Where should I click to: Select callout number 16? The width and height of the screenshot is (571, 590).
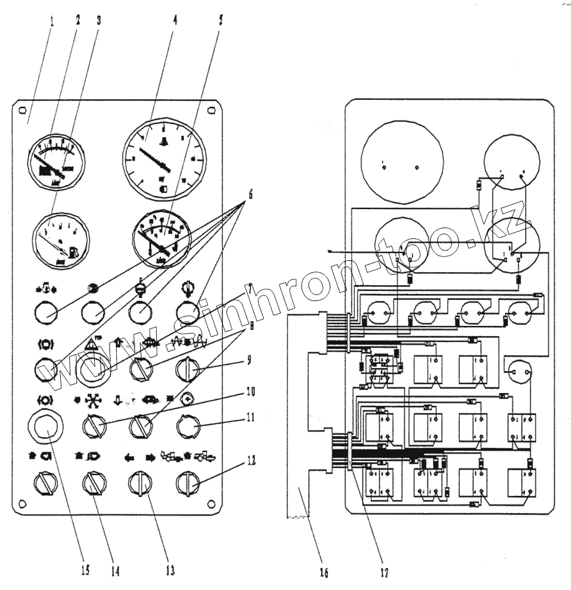[x=325, y=573]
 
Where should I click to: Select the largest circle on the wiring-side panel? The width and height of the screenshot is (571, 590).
[x=402, y=164]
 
